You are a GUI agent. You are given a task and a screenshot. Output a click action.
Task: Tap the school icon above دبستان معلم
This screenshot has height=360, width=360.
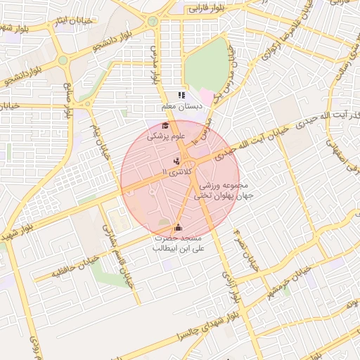(x=181, y=95)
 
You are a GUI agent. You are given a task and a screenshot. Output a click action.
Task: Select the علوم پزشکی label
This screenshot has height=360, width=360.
(x=165, y=137)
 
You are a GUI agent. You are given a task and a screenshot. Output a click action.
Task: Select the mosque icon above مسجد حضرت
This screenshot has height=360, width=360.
(x=178, y=227)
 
